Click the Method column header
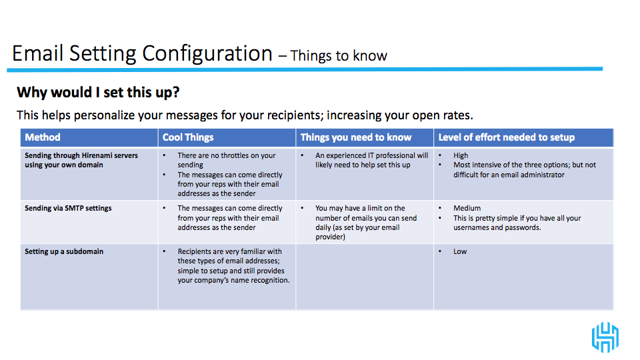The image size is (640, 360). coord(43,137)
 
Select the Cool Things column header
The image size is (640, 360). coord(188,137)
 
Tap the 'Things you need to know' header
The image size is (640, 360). coord(356,137)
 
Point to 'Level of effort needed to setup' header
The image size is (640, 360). coord(507,137)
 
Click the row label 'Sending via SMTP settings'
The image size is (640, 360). coord(68,208)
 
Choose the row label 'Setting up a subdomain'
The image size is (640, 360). coord(64,251)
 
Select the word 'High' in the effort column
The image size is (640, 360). coord(461,155)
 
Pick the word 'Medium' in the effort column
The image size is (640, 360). coord(467,208)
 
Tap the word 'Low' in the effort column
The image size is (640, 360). coord(460,251)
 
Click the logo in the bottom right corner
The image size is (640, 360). coord(605,337)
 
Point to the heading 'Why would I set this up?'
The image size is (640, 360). coord(98,93)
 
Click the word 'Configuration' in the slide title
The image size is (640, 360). coord(207,54)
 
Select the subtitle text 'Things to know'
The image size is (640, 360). coord(339,55)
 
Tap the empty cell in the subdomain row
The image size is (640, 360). coord(365,277)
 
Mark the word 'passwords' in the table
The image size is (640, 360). coord(523,228)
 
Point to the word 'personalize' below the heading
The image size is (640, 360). coord(104,115)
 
